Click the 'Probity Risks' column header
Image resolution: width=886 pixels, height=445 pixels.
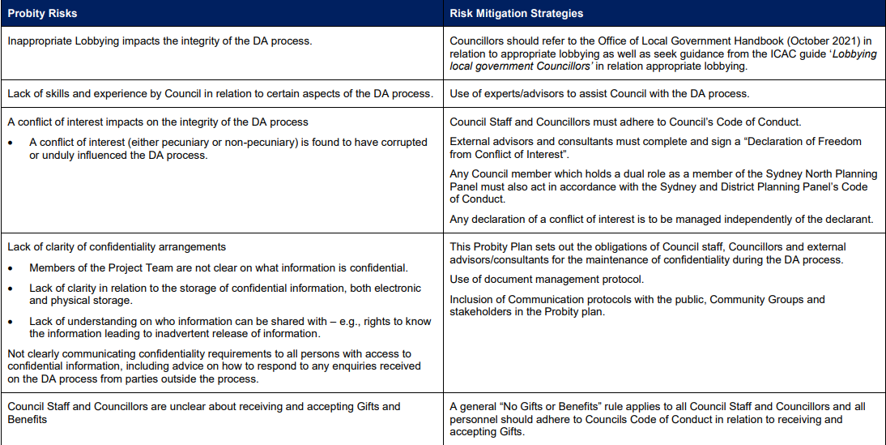click(42, 14)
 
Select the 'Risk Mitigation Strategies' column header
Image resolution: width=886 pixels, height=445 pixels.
click(516, 14)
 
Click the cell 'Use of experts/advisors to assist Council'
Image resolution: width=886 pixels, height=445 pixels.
click(599, 93)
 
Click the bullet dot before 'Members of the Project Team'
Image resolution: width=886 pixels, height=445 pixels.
click(12, 267)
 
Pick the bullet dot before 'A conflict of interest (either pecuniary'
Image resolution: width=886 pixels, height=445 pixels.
click(12, 143)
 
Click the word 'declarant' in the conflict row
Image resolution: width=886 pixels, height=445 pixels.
click(849, 218)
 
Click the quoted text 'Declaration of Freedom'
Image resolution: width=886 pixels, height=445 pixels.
click(801, 141)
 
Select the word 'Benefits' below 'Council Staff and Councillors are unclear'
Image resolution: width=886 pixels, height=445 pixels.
click(28, 419)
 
